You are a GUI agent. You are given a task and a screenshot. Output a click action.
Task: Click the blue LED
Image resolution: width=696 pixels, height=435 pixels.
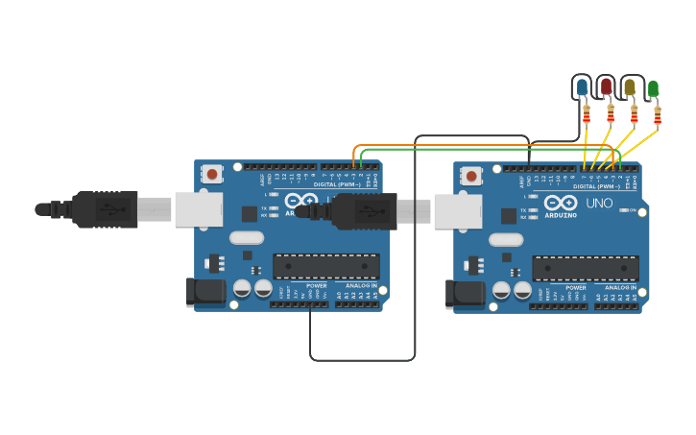[x=582, y=88]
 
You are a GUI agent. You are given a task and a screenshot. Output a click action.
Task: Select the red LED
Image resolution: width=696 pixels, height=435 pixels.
[x=606, y=87]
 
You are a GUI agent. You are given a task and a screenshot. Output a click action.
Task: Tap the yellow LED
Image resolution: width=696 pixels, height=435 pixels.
[x=630, y=87]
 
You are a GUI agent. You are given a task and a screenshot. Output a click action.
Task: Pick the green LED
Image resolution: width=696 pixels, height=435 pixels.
[x=654, y=88]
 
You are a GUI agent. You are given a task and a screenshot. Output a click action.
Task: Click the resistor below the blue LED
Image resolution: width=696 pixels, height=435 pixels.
[x=587, y=115]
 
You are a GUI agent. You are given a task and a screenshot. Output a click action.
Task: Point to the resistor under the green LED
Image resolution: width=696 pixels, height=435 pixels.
[x=658, y=116]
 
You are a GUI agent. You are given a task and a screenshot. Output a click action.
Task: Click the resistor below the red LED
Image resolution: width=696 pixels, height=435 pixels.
[x=611, y=115]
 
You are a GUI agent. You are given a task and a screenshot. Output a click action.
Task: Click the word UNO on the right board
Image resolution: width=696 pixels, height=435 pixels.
[x=599, y=204]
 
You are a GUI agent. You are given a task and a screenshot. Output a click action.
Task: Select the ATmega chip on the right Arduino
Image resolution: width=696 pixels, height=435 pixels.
[x=586, y=269]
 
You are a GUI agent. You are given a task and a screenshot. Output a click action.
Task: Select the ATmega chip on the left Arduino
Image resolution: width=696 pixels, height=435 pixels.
[x=326, y=267]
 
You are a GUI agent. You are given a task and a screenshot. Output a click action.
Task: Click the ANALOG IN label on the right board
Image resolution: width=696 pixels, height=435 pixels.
[x=619, y=287]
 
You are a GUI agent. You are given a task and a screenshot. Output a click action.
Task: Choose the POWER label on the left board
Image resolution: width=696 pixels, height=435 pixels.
[x=316, y=285]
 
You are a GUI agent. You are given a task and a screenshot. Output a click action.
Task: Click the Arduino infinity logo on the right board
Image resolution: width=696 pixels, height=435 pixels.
[x=560, y=204]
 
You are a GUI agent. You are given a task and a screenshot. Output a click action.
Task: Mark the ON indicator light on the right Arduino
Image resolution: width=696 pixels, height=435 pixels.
[x=630, y=210]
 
